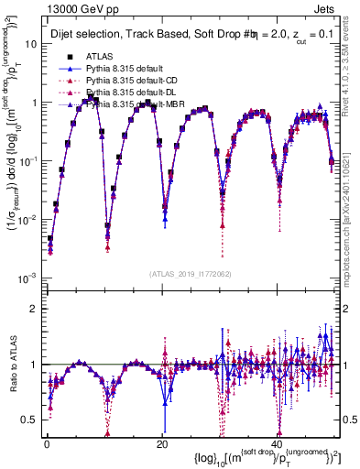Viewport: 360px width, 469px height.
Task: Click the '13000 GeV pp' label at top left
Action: [46, 8]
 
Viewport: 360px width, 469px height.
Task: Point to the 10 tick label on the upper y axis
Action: [31, 44]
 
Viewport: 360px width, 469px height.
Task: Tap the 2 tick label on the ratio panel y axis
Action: [35, 307]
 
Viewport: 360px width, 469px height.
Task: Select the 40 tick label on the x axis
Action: [277, 442]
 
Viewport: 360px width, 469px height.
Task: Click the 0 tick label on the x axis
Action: [45, 442]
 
